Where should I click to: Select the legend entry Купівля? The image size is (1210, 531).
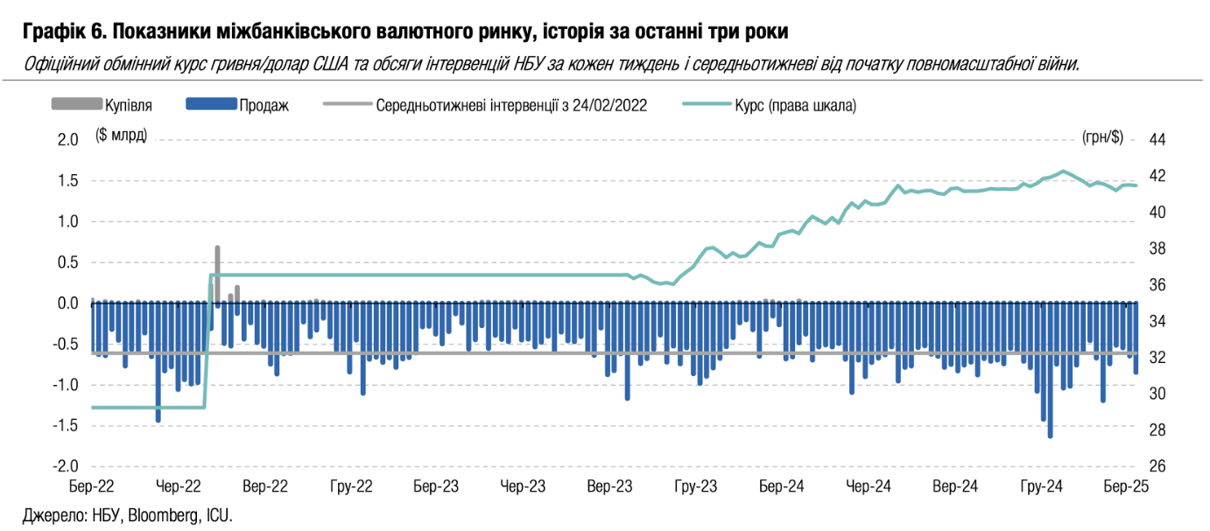point(129,105)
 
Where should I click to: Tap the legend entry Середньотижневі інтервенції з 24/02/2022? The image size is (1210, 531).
point(511,105)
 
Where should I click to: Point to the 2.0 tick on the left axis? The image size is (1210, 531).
point(67,140)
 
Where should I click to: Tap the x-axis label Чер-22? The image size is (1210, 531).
point(179,486)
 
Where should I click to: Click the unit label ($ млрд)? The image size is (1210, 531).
point(121,137)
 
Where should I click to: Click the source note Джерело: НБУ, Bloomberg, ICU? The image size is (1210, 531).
point(127,514)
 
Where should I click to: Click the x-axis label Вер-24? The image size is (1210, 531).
point(956,486)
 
